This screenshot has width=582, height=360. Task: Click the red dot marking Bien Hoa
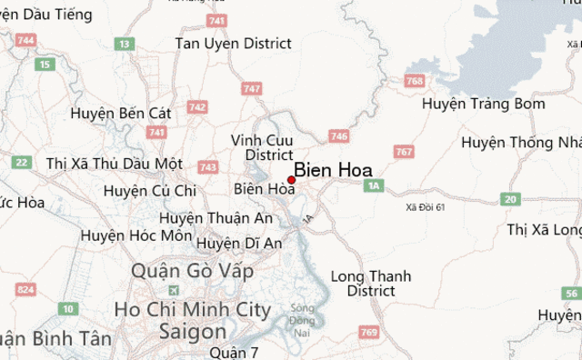click(x=291, y=179)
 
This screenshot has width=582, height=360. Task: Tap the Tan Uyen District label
click(x=233, y=43)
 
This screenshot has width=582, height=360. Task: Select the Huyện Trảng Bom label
click(x=484, y=104)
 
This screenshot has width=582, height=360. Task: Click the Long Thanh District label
click(x=371, y=284)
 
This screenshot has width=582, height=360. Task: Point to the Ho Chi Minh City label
click(x=193, y=310)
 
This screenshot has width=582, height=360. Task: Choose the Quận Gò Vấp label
click(x=192, y=271)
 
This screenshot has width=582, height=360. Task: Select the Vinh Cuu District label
click(x=262, y=147)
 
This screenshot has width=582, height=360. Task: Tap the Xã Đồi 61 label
click(x=426, y=208)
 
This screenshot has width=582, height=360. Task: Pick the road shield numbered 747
click(x=252, y=88)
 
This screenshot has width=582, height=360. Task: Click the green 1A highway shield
click(x=373, y=185)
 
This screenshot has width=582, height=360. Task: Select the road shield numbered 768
click(x=416, y=81)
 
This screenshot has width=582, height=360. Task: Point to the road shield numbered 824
click(x=26, y=290)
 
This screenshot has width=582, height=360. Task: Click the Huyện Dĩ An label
click(x=239, y=243)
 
